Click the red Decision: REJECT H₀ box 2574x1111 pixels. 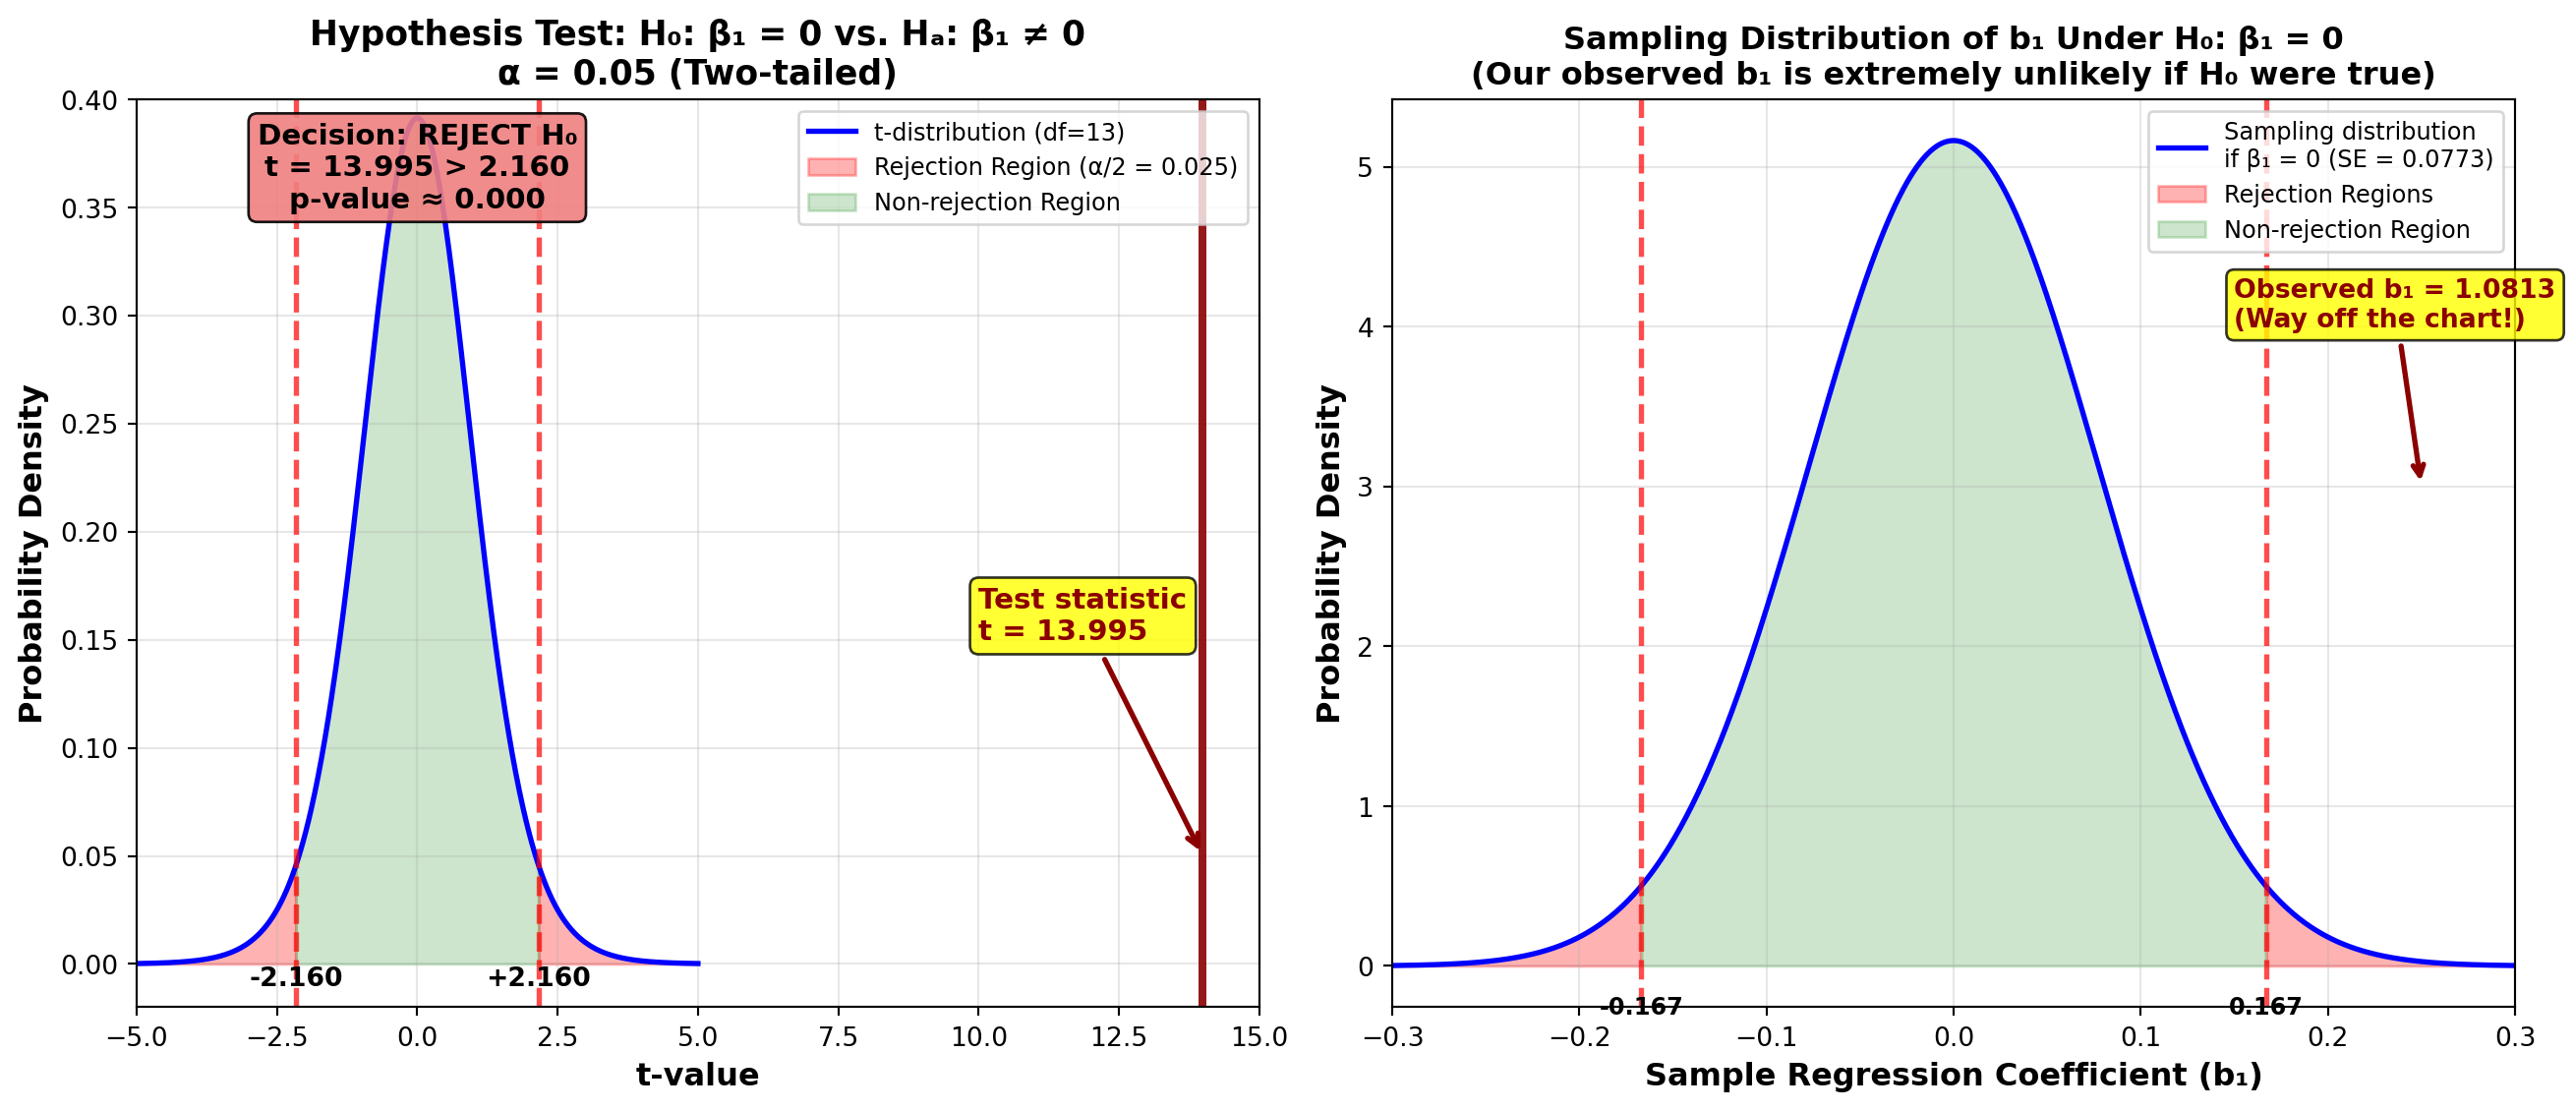417,167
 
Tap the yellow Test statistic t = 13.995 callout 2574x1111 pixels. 1082,615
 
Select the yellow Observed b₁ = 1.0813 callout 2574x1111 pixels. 2393,304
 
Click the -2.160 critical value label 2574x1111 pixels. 296,977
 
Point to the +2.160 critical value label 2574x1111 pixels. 539,977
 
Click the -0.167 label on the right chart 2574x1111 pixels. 1641,1006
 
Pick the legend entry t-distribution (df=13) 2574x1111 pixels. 997,132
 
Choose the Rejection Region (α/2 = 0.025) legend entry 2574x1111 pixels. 1054,167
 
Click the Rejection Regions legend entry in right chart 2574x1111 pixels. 2327,194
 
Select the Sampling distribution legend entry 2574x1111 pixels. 2356,145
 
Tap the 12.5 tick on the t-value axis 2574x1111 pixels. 1118,1038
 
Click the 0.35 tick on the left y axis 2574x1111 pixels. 88,208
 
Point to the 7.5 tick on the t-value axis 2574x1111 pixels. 838,1038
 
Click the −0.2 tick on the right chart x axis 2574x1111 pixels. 1578,1038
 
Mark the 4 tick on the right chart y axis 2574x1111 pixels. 1365,327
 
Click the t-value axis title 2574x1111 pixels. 697,1075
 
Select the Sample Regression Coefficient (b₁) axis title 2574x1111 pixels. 1953,1075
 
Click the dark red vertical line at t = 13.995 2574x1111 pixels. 1202,499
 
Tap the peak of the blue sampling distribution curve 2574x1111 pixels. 1953,141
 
